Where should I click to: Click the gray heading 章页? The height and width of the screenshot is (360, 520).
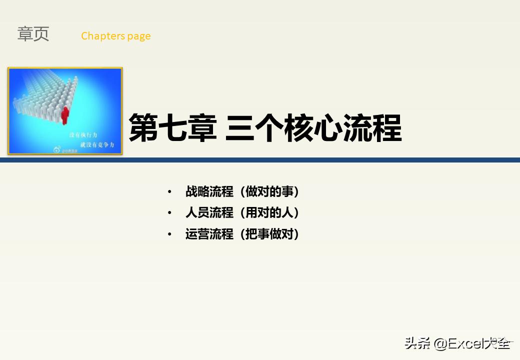[x=33, y=34]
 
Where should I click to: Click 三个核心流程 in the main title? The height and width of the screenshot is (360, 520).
[x=313, y=128]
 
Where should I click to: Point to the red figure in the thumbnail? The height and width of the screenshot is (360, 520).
[x=65, y=114]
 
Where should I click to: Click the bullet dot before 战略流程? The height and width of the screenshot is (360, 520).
[x=169, y=192]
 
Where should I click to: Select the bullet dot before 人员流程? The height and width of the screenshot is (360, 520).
[x=169, y=213]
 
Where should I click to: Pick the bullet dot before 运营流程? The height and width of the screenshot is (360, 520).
[x=169, y=234]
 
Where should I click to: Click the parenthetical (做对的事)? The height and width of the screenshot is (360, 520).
[x=269, y=191]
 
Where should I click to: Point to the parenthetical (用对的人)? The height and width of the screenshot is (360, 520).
[x=269, y=213]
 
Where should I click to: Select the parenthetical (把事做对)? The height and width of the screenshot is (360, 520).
[x=269, y=234]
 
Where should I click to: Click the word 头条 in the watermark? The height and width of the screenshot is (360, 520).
[x=417, y=343]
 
